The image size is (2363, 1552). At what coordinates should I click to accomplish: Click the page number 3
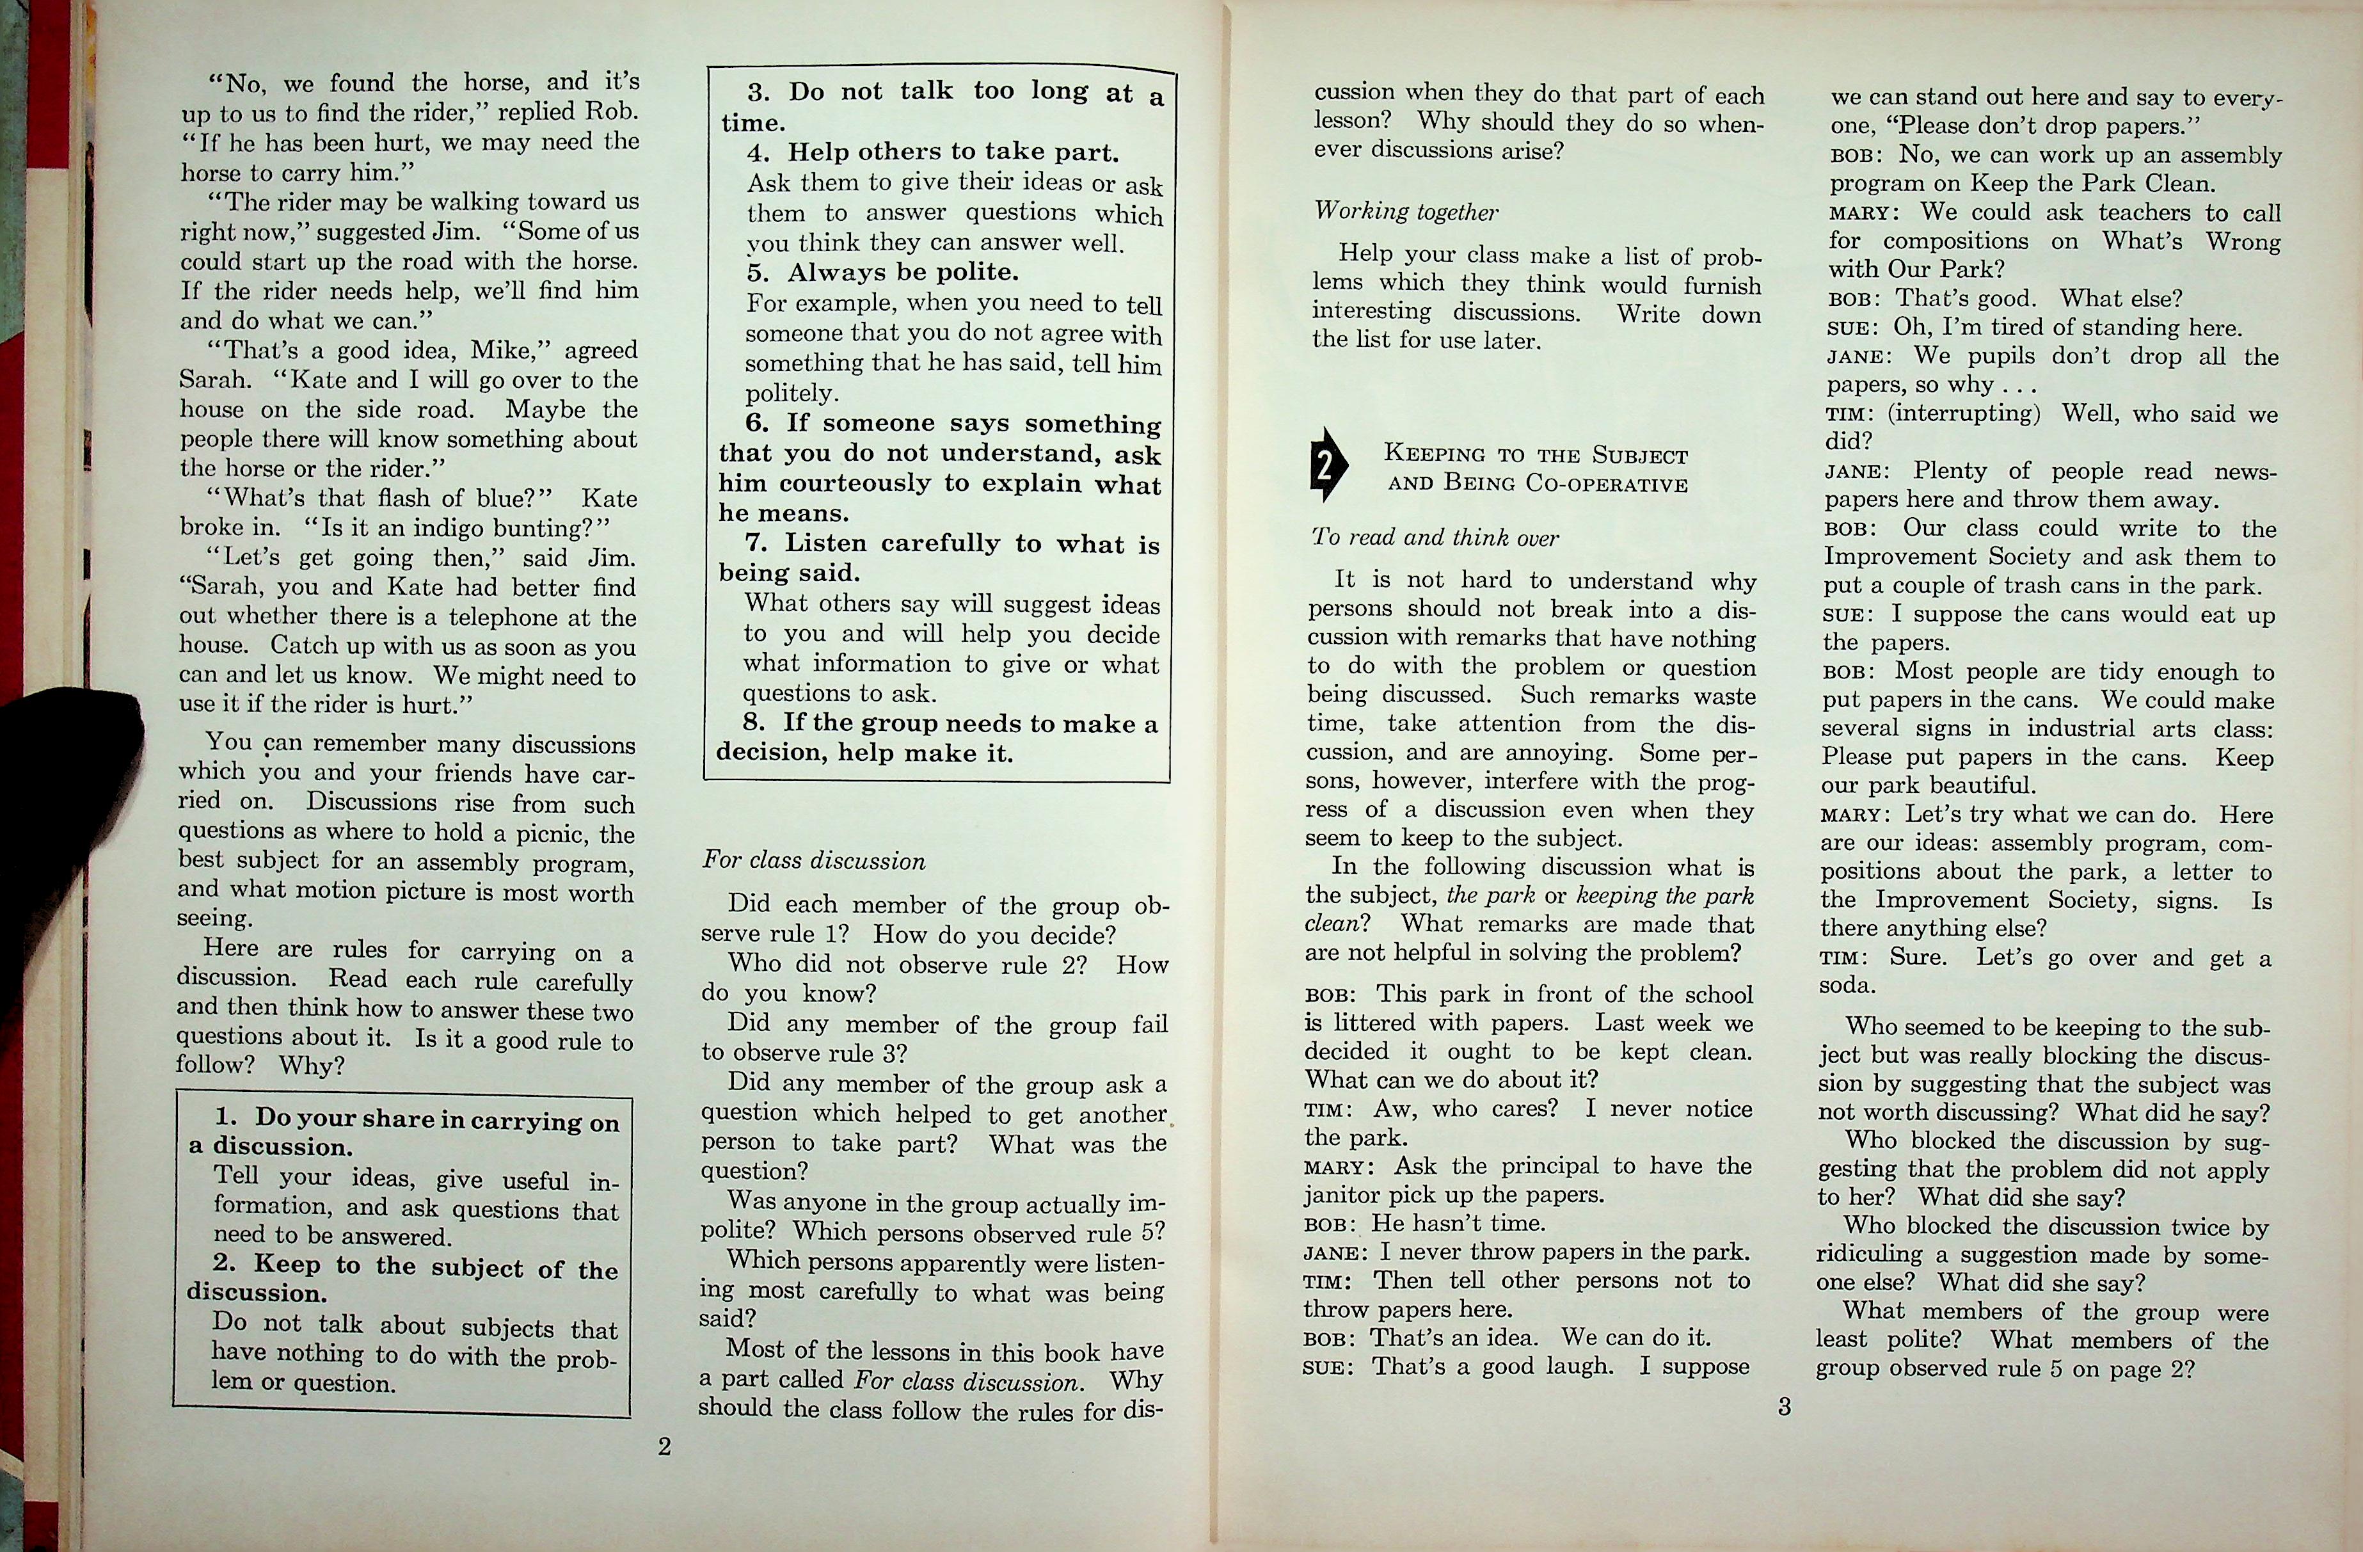pos(1783,1406)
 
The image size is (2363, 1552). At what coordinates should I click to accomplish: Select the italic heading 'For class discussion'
pos(813,860)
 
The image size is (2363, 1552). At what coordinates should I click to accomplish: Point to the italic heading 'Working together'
pos(1406,211)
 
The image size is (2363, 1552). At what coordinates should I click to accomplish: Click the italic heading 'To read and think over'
pos(1435,537)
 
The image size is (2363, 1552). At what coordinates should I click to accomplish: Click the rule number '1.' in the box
pos(227,1116)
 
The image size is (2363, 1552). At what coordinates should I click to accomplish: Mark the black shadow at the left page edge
pos(70,755)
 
